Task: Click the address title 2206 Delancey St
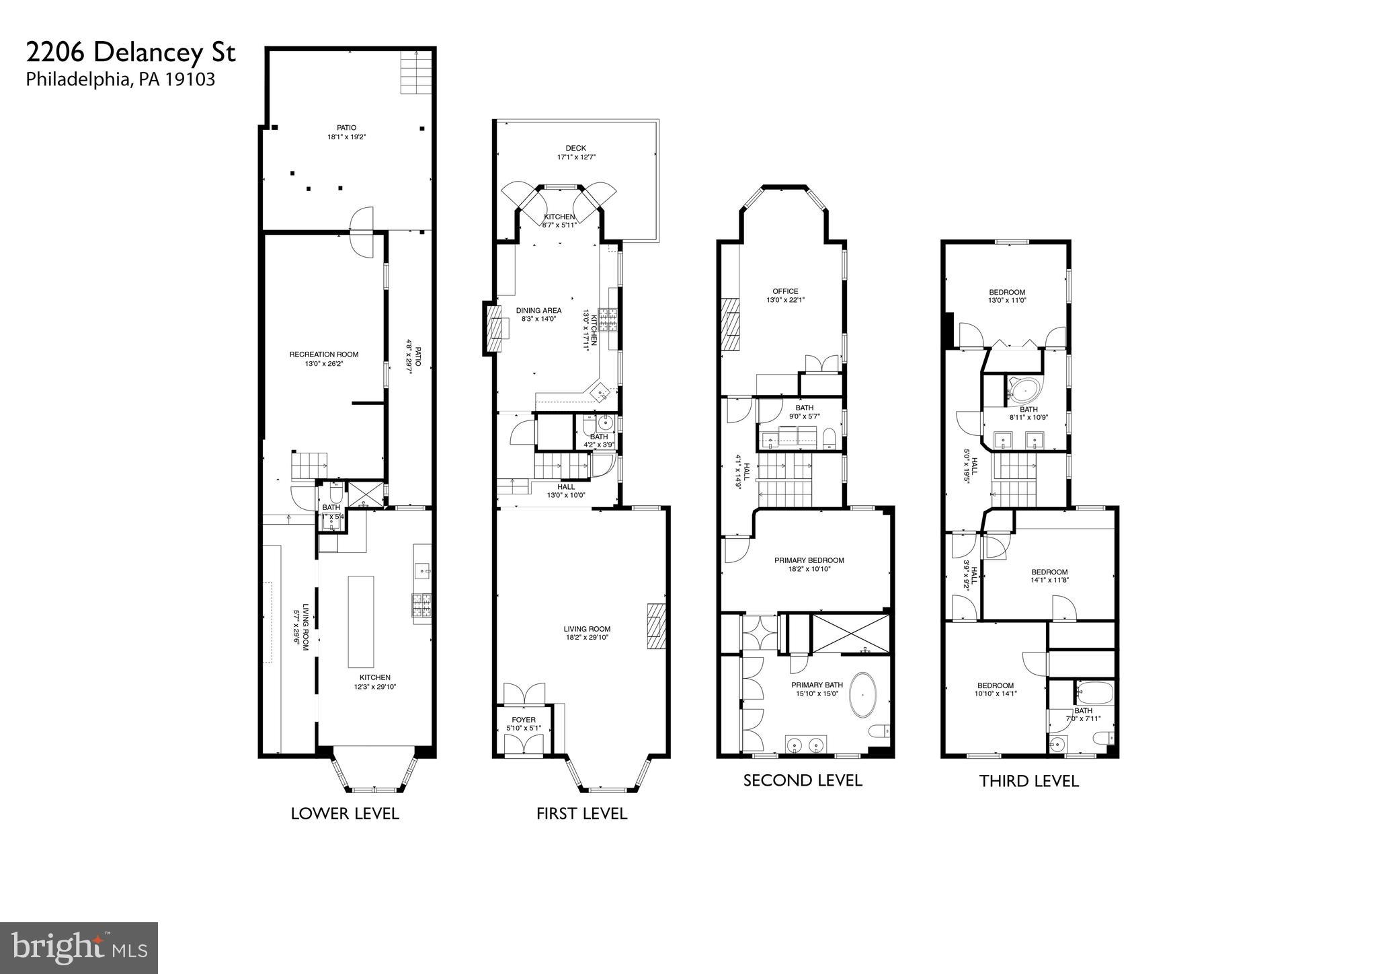click(131, 52)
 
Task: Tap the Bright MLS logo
click(79, 948)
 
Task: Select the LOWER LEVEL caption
click(345, 813)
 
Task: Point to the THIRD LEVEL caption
click(1028, 781)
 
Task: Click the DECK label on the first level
click(575, 148)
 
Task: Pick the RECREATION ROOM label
click(324, 354)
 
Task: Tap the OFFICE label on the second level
click(785, 291)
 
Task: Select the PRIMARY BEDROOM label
click(809, 560)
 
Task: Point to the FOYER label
click(523, 720)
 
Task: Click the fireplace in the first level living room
click(655, 626)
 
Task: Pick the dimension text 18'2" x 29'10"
click(587, 638)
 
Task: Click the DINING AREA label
click(538, 311)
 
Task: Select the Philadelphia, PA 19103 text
click(120, 79)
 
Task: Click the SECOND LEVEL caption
click(802, 780)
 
